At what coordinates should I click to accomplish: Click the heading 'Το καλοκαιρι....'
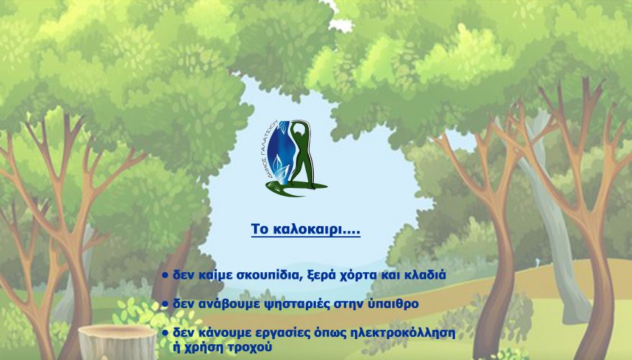(x=305, y=229)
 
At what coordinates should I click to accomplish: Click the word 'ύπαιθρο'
(x=394, y=304)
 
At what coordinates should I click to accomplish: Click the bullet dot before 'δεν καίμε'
(x=165, y=275)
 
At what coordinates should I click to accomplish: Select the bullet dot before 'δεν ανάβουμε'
(x=165, y=304)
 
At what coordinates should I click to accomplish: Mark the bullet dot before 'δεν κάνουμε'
(x=165, y=333)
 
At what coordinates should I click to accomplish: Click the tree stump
(x=117, y=342)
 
